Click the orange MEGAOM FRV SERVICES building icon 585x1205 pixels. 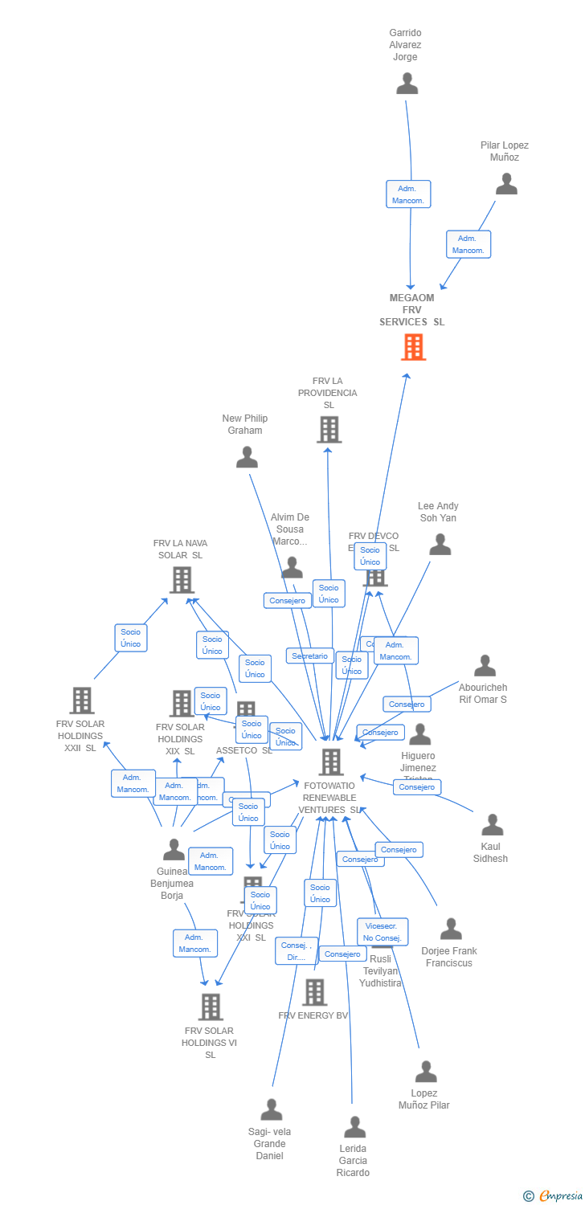(x=413, y=347)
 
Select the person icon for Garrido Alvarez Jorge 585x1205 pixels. (x=407, y=84)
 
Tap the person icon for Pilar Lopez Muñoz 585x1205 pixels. (x=506, y=184)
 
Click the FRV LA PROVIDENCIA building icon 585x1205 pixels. (x=329, y=430)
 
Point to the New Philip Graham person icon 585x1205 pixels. (x=247, y=457)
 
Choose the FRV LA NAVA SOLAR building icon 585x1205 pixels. (x=182, y=579)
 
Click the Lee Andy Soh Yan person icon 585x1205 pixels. (x=440, y=545)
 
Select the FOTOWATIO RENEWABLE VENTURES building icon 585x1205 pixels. (x=330, y=762)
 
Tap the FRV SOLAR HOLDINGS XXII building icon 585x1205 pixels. (x=81, y=701)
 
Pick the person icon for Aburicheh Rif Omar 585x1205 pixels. (x=485, y=666)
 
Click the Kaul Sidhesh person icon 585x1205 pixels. (x=492, y=825)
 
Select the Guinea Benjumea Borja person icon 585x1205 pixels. (x=174, y=849)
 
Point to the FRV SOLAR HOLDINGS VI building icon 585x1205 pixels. (x=210, y=1007)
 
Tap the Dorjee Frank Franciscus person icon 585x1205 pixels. (x=451, y=929)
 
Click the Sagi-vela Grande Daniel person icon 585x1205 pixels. (x=272, y=1109)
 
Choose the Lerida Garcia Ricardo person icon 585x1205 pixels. (x=354, y=1127)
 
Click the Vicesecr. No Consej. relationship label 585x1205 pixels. (x=382, y=932)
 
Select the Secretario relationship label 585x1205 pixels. (x=310, y=656)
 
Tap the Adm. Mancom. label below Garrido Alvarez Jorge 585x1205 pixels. (x=408, y=194)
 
